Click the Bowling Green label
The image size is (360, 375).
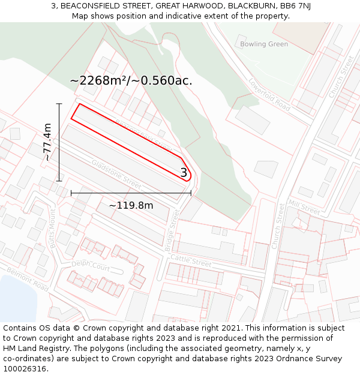click(x=263, y=44)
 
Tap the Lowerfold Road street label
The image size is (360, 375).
click(x=269, y=95)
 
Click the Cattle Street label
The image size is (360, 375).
click(x=191, y=260)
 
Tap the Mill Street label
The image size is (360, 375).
click(x=304, y=207)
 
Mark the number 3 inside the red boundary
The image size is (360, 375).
click(x=184, y=173)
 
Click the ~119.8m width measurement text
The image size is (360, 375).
click(x=131, y=206)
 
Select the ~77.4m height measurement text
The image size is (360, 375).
click(x=47, y=142)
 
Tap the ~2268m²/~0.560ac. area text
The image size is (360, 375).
click(x=131, y=80)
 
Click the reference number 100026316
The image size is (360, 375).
click(x=25, y=369)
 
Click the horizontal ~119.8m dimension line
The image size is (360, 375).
click(x=131, y=193)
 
